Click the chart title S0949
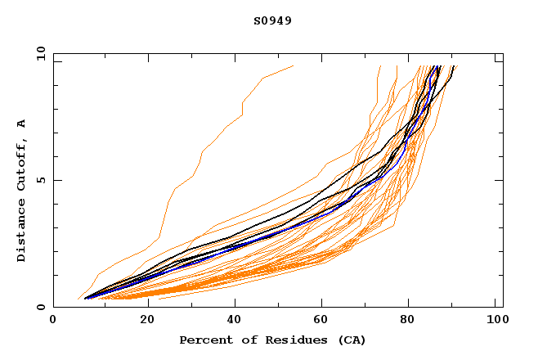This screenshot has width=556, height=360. coord(272,20)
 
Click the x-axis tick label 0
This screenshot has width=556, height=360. coord(53,321)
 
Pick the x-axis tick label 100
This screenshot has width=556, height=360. coord(496,321)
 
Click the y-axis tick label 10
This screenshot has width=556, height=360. coord(39,54)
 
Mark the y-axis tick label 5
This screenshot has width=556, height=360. coord(43,180)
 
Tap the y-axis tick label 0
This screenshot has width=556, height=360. coord(43,307)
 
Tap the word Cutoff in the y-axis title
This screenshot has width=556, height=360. coord(22,169)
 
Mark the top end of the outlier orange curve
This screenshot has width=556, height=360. coord(293,65)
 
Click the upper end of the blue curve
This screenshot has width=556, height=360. coord(439,66)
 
